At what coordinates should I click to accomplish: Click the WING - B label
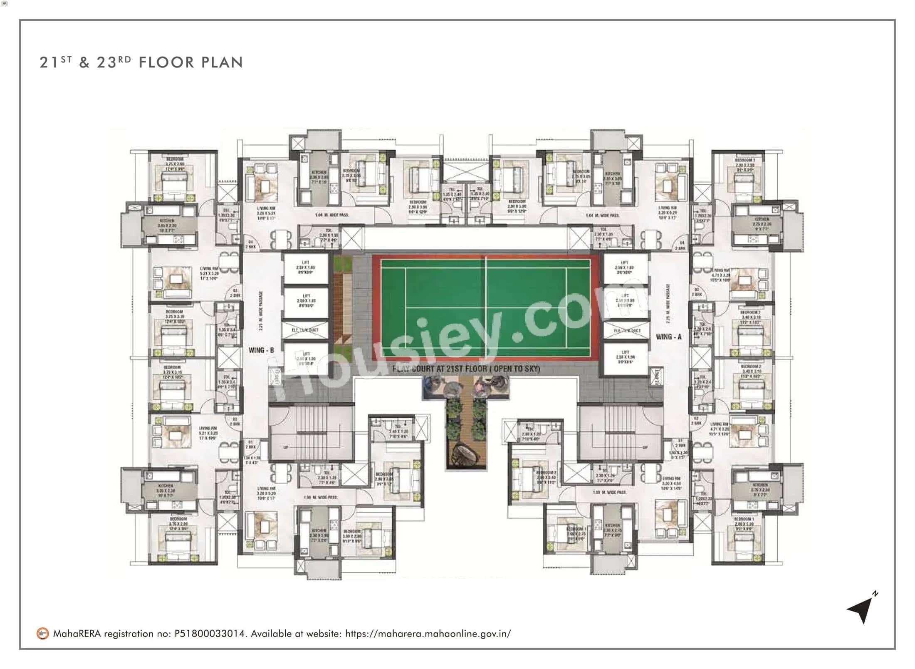(261, 350)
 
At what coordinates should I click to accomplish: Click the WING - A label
(669, 337)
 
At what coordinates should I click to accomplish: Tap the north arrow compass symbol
(861, 609)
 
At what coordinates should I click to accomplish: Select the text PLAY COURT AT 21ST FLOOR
(466, 369)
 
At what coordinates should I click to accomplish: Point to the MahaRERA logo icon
(42, 634)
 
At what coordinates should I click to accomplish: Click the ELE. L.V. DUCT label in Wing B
(306, 330)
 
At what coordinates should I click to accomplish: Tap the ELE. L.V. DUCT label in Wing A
(627, 330)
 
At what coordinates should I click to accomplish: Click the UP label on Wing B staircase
(286, 448)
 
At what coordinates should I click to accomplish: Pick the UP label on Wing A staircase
(645, 448)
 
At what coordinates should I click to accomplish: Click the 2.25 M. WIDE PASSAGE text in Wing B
(261, 310)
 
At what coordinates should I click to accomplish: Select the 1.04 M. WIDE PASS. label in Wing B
(332, 215)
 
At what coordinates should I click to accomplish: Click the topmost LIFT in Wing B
(306, 267)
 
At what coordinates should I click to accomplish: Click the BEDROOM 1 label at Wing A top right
(745, 160)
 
